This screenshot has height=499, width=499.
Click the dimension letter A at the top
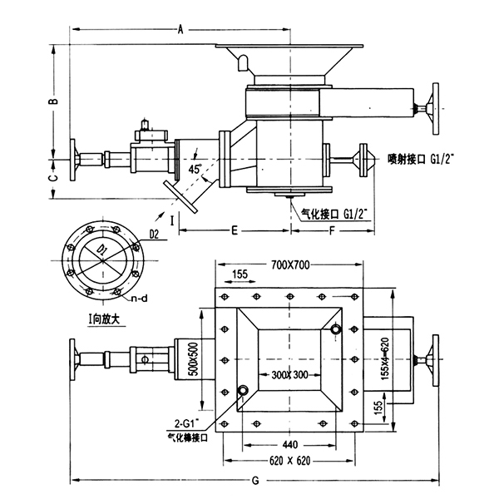(x=180, y=29)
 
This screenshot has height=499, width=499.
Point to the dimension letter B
(x=52, y=101)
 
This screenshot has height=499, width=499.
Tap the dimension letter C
(x=52, y=178)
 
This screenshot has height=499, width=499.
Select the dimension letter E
(x=235, y=227)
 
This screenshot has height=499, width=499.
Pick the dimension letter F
(x=333, y=227)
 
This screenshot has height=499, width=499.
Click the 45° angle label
(x=196, y=169)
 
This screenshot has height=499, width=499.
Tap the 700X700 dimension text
(x=290, y=265)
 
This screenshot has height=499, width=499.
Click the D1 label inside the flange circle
(x=100, y=250)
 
